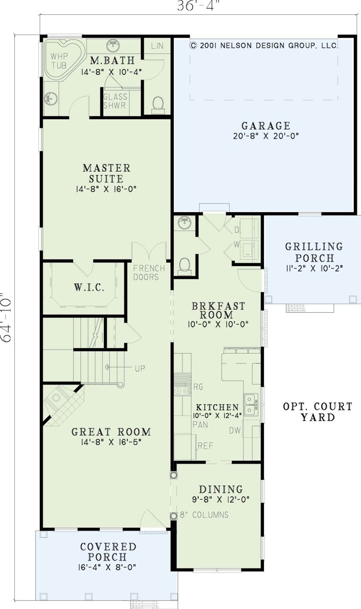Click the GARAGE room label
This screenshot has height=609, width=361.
[x=266, y=126]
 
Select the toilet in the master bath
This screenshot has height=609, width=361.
[x=158, y=104]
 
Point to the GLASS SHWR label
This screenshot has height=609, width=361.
[x=115, y=101]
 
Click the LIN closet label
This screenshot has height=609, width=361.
[x=157, y=46]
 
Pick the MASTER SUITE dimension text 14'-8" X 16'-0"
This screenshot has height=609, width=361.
[x=106, y=189]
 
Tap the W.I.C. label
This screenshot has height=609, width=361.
[x=89, y=287]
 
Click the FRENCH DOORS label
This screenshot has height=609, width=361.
[x=149, y=273]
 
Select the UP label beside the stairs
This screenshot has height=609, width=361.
[x=140, y=369]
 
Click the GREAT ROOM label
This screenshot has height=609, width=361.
[x=111, y=432]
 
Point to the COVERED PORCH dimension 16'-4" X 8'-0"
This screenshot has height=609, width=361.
[x=107, y=567]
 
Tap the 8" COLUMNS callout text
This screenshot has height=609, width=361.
[x=204, y=515]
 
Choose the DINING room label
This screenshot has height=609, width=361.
[x=221, y=489]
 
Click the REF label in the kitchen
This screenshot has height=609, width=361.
[x=205, y=446]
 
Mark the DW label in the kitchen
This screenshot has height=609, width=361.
[x=235, y=431]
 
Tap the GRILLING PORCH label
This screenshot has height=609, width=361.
[x=314, y=252]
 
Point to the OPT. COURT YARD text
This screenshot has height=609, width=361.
[x=318, y=412]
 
